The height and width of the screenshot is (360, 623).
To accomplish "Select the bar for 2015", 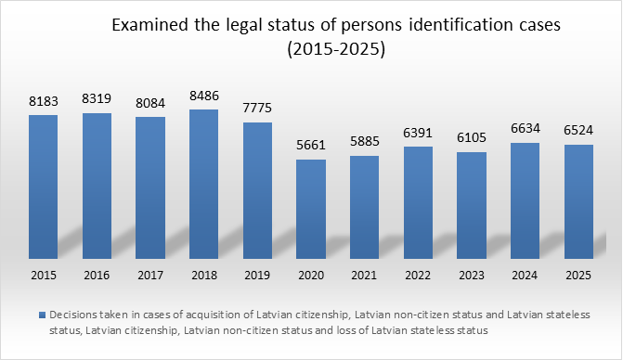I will coord(43,186).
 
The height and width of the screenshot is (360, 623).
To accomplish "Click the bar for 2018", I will coord(203,183).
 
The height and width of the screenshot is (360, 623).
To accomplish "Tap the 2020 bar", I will coord(311,208).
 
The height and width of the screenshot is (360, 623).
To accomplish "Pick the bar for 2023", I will coord(472,204).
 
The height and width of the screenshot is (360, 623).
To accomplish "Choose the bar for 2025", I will coord(579,200).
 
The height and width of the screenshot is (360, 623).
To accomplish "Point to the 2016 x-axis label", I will coord(97,275).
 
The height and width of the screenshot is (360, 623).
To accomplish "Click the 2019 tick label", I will coord(257,275).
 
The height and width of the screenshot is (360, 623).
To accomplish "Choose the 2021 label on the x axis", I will coord(365,275).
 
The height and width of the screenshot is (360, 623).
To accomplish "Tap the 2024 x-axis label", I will coord(526,275).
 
